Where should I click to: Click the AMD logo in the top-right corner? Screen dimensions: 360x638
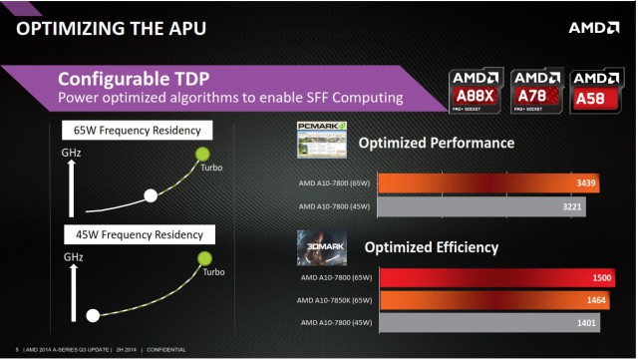(x=593, y=27)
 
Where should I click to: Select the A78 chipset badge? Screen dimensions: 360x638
(x=536, y=90)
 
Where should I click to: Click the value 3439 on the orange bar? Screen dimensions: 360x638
(x=587, y=183)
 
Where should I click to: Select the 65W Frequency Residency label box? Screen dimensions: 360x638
(x=136, y=130)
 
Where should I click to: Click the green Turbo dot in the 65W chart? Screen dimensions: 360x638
(x=202, y=154)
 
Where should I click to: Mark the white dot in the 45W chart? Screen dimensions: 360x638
(x=93, y=316)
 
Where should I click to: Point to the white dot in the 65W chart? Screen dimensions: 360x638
(x=152, y=195)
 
